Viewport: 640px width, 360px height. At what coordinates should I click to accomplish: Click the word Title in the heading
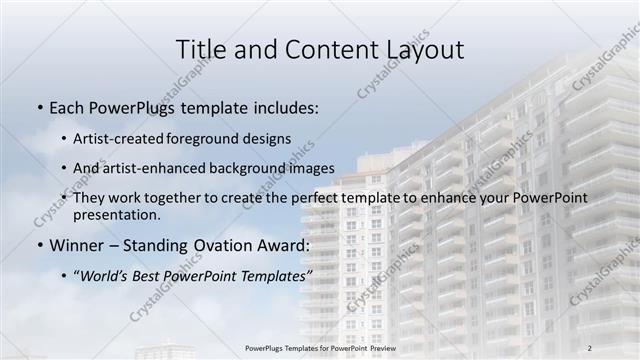pos(200,49)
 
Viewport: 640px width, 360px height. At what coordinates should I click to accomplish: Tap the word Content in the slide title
pos(322,49)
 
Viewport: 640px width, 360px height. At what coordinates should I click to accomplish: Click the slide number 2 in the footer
pos(590,348)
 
